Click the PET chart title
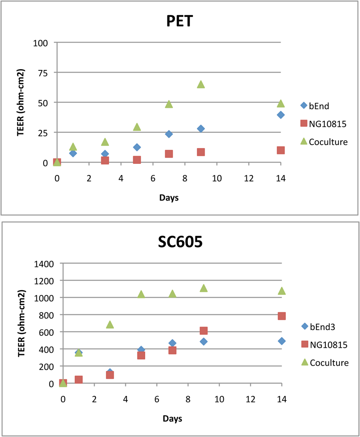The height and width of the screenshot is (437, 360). click(x=180, y=21)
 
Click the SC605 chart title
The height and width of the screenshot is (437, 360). click(x=180, y=242)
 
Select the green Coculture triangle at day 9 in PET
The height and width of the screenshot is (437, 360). click(x=201, y=84)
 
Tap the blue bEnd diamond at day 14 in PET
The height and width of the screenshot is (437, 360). click(x=281, y=115)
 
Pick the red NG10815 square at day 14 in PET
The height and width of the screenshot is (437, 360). click(x=281, y=150)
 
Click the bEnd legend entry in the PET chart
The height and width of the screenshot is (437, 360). click(x=315, y=106)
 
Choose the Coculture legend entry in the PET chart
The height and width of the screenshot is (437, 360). click(x=324, y=142)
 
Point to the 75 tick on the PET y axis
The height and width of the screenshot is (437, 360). click(x=43, y=73)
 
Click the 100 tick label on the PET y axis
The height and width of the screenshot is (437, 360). click(x=41, y=43)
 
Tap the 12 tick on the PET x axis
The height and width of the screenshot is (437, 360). click(x=249, y=178)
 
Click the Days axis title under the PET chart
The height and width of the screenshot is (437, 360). click(x=169, y=198)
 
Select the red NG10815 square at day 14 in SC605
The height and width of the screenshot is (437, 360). click(x=282, y=316)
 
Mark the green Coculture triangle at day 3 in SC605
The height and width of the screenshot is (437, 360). click(x=110, y=324)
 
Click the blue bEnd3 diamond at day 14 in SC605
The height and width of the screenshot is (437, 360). click(x=282, y=341)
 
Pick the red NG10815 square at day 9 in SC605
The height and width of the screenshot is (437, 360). click(x=204, y=331)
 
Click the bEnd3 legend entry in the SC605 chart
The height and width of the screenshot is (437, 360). click(x=319, y=326)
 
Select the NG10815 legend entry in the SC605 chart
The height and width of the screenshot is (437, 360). click(x=325, y=345)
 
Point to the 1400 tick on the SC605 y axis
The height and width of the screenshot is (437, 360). click(x=44, y=264)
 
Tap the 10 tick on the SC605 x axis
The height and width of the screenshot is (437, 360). click(x=219, y=399)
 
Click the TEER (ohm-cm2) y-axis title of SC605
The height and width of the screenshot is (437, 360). click(x=21, y=323)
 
